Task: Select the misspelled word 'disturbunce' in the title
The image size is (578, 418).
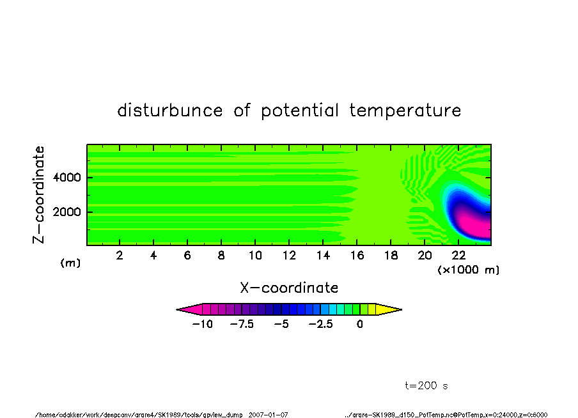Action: coord(170,110)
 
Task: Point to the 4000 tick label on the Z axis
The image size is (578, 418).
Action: coord(66,178)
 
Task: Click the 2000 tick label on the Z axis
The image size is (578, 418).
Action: coord(66,212)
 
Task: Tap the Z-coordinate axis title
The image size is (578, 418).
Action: coord(39,195)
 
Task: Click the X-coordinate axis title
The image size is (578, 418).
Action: coord(289,288)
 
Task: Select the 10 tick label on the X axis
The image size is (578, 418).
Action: coord(255,256)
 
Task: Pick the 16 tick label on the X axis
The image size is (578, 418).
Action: coord(357,256)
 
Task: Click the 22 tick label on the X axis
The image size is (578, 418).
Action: coord(458,256)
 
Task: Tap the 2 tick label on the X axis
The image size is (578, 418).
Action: coord(120,256)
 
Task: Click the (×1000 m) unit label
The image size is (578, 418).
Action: coord(468,270)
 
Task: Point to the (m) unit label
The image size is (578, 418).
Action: coord(70,263)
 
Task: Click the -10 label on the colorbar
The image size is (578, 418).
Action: coord(203,325)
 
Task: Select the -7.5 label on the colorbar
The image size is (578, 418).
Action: coord(242,325)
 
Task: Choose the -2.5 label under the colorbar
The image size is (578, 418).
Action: coord(321,325)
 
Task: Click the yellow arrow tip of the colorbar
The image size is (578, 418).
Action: coord(402,309)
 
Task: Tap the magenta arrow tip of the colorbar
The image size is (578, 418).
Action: coord(177,309)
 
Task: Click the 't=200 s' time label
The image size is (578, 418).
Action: coord(426,386)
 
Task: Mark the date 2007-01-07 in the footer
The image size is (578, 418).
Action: coord(268,415)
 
